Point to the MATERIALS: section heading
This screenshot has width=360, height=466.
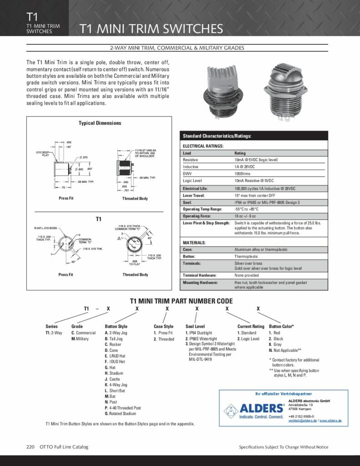click(194, 243)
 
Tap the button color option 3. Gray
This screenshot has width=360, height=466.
click(276, 345)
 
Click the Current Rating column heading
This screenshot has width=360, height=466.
click(251, 326)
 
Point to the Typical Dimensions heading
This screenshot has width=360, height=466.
click(100, 123)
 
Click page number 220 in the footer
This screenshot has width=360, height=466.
click(30, 447)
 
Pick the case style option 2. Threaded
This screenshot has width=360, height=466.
click(164, 339)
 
